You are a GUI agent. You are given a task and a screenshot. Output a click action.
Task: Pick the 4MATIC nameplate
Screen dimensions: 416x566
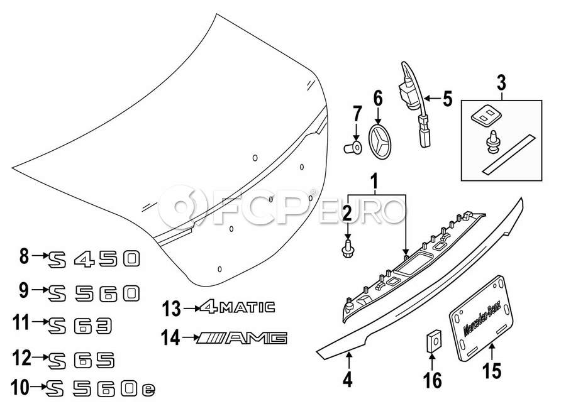[x=238, y=307]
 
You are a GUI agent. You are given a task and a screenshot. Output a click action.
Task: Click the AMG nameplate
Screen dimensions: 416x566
[x=242, y=339]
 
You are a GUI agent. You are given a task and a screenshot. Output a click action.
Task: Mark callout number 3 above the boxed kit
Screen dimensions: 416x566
[x=501, y=82]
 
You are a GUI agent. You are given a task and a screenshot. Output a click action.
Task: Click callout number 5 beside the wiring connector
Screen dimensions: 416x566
[x=447, y=99]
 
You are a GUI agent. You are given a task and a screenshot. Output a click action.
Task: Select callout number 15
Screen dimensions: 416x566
[x=492, y=371]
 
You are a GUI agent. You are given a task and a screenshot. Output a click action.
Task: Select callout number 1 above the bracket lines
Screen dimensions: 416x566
[x=375, y=183]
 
